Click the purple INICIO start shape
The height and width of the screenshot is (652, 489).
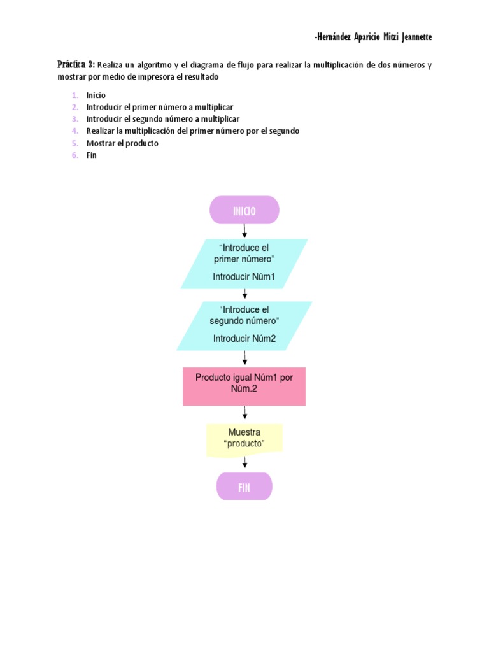[x=244, y=210]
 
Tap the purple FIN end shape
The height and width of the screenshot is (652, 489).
[x=244, y=486]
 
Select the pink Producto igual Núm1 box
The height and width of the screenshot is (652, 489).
[x=244, y=386]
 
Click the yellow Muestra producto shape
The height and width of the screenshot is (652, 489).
[x=244, y=440]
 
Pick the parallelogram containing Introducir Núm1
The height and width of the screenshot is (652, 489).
[x=244, y=264]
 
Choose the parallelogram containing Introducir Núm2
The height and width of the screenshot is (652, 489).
[x=244, y=325]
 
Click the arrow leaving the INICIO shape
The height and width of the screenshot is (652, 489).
[x=244, y=231]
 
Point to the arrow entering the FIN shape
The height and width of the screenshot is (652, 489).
[x=244, y=462]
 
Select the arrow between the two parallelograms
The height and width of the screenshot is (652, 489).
[x=244, y=294]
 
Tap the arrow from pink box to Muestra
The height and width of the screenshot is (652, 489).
[x=244, y=412]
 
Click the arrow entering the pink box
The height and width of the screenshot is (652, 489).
[x=244, y=358]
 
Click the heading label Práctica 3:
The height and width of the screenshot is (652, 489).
[x=76, y=64]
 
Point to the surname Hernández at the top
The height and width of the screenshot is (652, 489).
[x=332, y=37]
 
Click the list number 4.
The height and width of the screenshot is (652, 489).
[x=75, y=131]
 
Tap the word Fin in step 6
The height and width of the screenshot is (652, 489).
[x=91, y=155]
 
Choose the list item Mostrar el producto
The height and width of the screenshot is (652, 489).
[x=122, y=143]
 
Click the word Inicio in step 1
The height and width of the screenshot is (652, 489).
[x=96, y=96]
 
